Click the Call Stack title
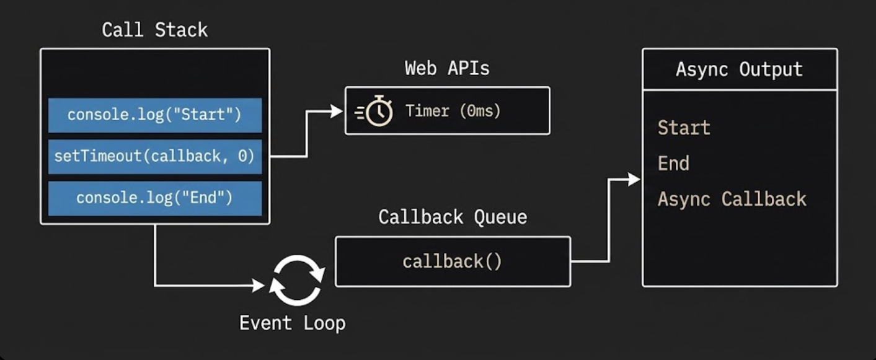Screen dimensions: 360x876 tap(154, 30)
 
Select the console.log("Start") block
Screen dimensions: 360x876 tap(155, 115)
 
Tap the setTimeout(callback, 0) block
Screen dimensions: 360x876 tap(155, 157)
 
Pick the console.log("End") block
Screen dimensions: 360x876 tap(155, 198)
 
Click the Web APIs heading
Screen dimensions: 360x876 tap(447, 68)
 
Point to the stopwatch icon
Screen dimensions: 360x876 tap(376, 112)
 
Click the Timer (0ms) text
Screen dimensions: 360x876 tap(453, 111)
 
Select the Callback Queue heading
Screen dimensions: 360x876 tap(453, 217)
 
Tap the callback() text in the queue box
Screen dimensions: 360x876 tap(452, 261)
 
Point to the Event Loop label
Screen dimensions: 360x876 tap(292, 323)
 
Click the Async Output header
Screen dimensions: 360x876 tap(739, 69)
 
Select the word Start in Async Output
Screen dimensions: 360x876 tap(684, 128)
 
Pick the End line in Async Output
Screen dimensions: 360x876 tap(673, 164)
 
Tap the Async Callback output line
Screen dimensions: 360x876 tap(732, 199)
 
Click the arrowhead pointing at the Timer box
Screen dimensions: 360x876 tap(337, 112)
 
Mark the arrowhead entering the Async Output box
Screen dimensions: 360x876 tap(634, 180)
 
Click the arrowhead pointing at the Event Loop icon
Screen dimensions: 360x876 tap(259, 286)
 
